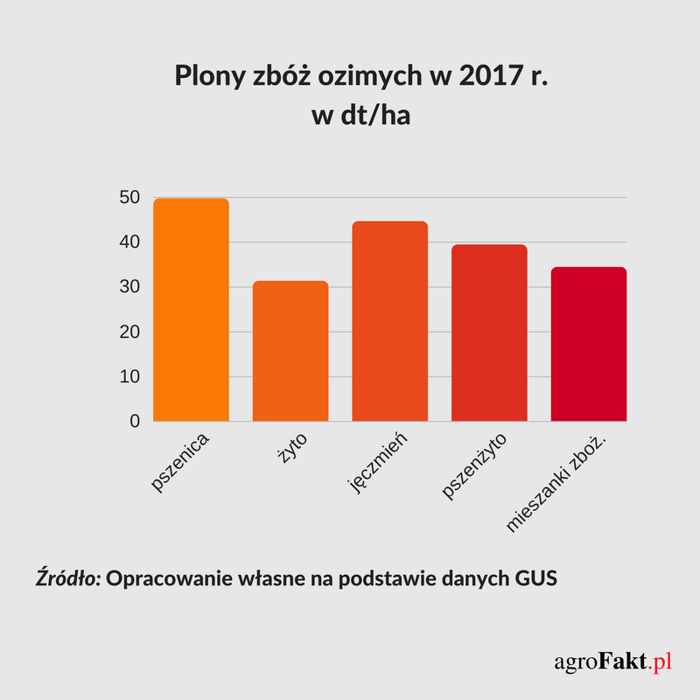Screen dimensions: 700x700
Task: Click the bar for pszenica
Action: [x=191, y=311]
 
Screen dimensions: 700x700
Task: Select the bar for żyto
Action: [x=290, y=351]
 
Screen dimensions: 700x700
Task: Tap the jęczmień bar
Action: [x=389, y=322]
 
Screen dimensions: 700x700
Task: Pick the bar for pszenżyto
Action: [x=489, y=333]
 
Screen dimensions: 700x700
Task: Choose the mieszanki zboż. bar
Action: [x=589, y=345]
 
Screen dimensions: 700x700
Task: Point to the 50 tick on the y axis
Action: [x=129, y=198]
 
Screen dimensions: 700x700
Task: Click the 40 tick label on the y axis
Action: [x=129, y=242]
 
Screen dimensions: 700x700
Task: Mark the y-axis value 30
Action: [x=129, y=287]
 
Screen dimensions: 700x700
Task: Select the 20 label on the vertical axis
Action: [x=129, y=332]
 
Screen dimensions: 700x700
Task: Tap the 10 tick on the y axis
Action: [x=129, y=377]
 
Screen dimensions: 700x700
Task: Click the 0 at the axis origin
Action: [x=135, y=422]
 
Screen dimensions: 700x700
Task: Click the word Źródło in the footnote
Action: [x=68, y=579]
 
